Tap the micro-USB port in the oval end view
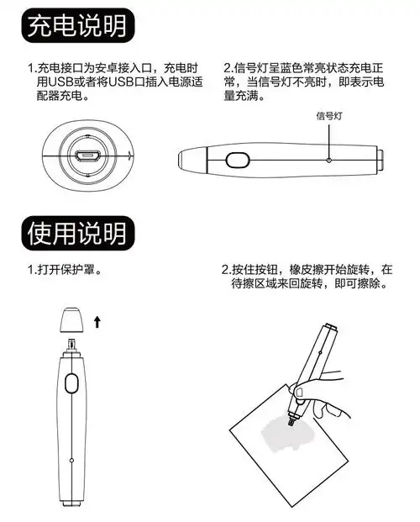point(86,156)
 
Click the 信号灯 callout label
point(329,116)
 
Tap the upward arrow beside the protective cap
point(98,321)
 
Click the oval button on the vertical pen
point(71,384)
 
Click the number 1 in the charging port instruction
point(31,67)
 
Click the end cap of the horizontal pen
point(380,157)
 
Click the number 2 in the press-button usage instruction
point(225,270)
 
